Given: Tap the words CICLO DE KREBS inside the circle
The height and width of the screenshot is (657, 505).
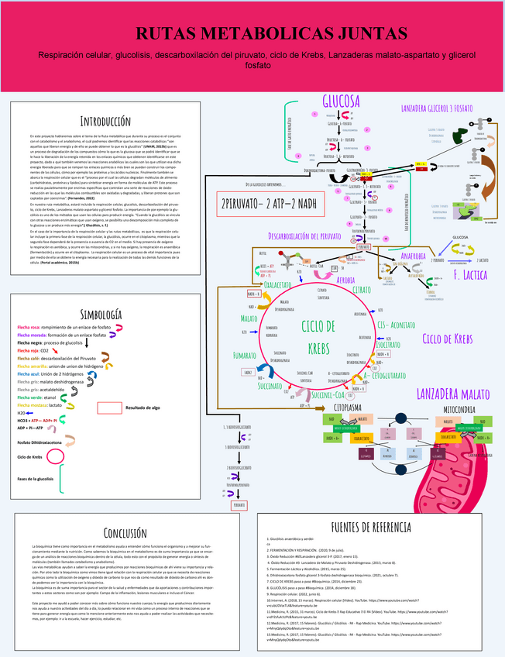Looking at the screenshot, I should [x=318, y=335].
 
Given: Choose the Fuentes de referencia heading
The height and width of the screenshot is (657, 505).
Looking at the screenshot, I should [x=369, y=527].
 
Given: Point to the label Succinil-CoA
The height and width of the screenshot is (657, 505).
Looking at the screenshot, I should [x=329, y=394].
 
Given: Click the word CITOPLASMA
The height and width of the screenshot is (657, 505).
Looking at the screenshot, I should [x=348, y=407].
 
